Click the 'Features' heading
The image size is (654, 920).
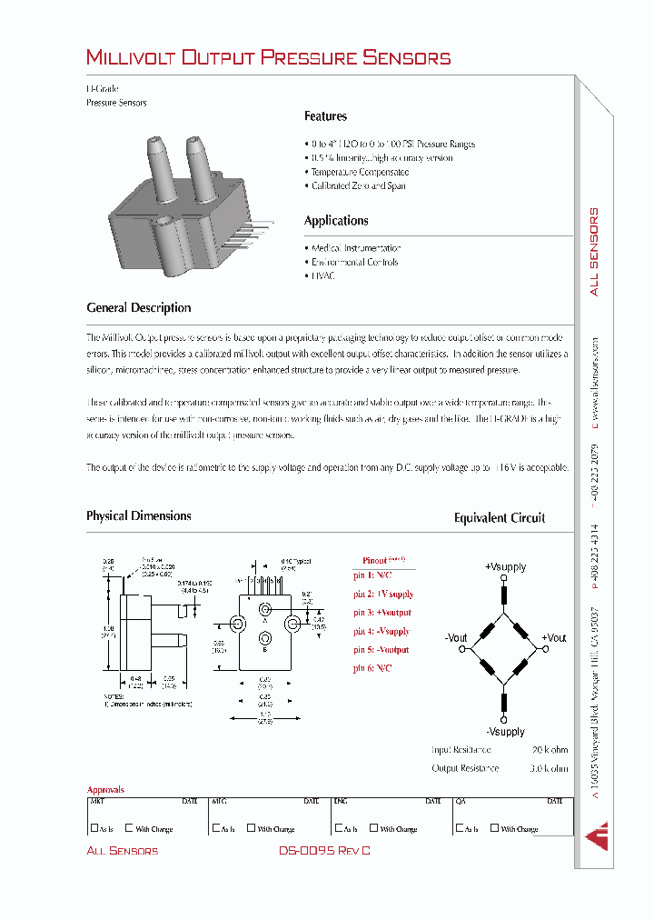pos(325,116)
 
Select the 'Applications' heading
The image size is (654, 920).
pos(336,221)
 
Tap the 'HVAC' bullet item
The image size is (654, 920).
pos(322,275)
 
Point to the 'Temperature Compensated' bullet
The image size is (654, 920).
pos(359,172)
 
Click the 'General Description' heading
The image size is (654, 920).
pos(138,308)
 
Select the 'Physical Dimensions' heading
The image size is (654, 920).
pos(138,516)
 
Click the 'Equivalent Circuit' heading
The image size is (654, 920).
pos(500,518)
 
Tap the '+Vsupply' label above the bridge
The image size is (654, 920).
pos(505,567)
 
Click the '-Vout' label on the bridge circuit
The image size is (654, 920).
pos(457,638)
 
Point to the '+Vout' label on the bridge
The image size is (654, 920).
pos(554,638)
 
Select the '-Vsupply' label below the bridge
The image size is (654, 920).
pos(505,732)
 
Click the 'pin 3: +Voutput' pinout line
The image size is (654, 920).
pos(381,613)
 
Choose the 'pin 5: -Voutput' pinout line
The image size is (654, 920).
pos(381,650)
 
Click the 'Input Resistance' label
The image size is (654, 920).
pos(461,750)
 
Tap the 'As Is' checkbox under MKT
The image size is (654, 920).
pos(94,828)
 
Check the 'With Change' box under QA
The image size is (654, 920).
pos(494,828)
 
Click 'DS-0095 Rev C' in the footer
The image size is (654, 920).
pos(325,851)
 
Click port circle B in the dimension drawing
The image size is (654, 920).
pos(264,638)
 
